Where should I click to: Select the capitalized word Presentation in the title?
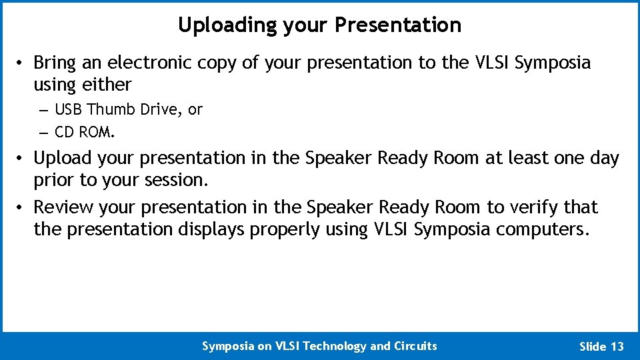click(397, 25)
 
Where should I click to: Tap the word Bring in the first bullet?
click(55, 63)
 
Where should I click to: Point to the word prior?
click(54, 180)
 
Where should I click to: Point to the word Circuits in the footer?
click(415, 346)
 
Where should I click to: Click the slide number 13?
click(617, 347)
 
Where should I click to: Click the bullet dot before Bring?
click(22, 63)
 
